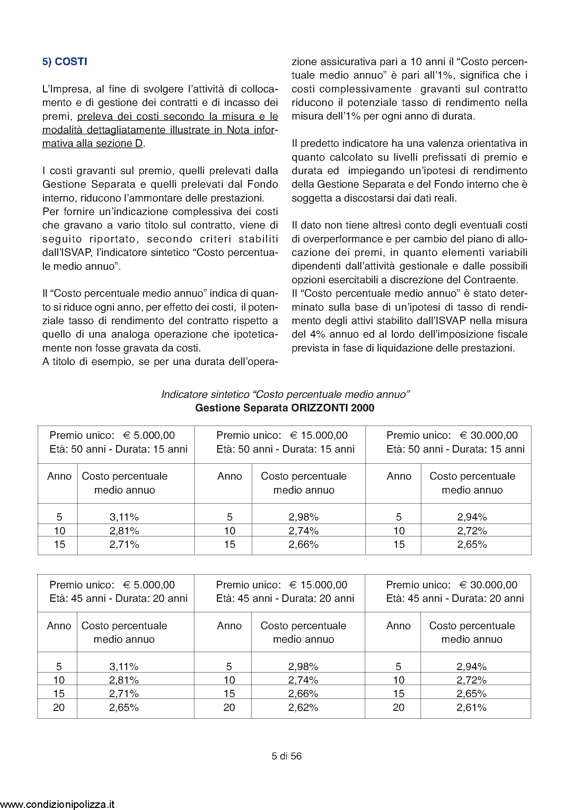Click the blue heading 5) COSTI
click(x=64, y=62)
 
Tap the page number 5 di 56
click(x=286, y=756)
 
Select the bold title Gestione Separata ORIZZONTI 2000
click(x=284, y=408)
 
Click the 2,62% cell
click(x=303, y=707)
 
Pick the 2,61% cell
click(x=471, y=707)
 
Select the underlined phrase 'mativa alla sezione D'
click(x=92, y=144)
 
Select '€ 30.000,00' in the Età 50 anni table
click(x=489, y=435)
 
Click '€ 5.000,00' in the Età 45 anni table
click(x=149, y=585)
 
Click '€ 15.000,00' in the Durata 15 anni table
click(x=319, y=435)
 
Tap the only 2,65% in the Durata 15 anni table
click(x=472, y=544)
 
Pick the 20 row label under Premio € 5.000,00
click(x=59, y=707)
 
